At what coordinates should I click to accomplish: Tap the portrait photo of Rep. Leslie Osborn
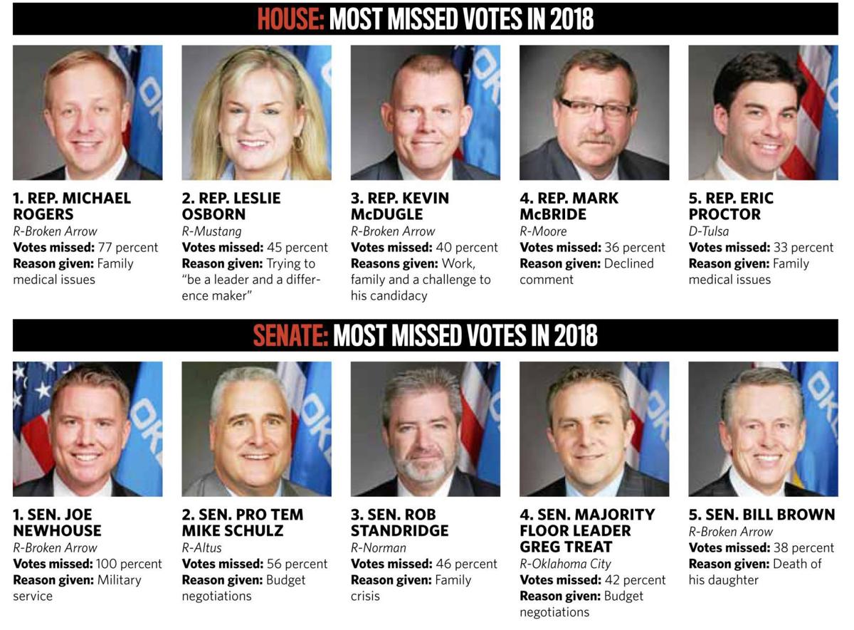point(256,112)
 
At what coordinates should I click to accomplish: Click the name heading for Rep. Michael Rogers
point(71,206)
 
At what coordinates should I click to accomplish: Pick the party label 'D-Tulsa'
point(709,231)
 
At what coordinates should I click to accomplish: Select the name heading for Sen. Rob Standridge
point(399,523)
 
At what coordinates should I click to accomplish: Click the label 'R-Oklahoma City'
point(565,564)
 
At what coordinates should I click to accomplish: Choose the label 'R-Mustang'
point(211,231)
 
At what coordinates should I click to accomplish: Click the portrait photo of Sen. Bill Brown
point(763,429)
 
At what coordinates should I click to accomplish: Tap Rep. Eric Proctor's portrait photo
point(763,112)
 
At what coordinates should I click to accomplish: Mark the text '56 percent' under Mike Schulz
point(297,564)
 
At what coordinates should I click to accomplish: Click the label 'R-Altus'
point(201,547)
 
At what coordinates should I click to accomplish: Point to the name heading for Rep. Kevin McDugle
point(399,206)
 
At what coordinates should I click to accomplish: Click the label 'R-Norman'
point(378,547)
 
